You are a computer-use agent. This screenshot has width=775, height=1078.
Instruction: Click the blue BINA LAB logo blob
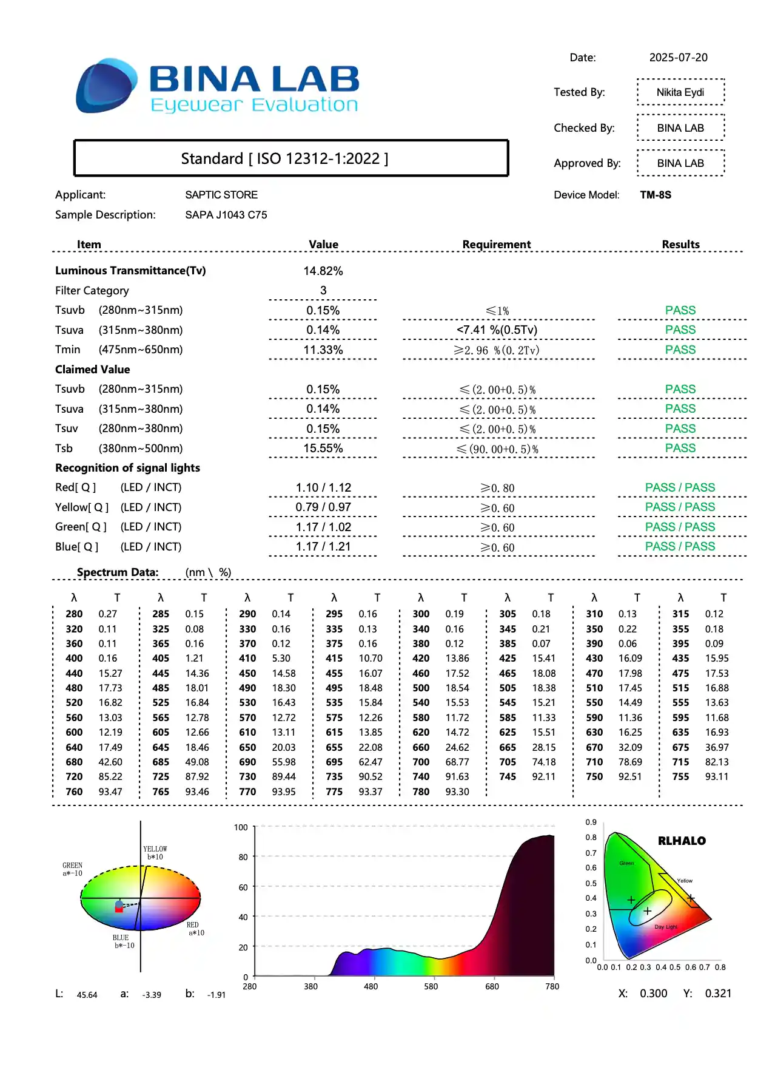click(x=106, y=86)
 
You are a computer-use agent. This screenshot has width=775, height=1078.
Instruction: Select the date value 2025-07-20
click(x=678, y=58)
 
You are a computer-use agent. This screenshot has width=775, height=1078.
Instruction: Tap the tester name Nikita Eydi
click(x=680, y=92)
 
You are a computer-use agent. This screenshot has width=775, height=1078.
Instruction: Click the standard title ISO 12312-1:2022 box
click(x=290, y=158)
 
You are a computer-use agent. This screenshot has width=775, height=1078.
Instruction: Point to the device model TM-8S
click(x=656, y=195)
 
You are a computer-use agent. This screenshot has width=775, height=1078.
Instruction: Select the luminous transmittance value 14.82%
click(x=323, y=271)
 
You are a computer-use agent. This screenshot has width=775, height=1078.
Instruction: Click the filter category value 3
click(x=323, y=291)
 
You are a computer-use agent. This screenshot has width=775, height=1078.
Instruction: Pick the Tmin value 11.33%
click(x=323, y=350)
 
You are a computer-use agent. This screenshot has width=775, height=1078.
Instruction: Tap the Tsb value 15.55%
click(x=323, y=449)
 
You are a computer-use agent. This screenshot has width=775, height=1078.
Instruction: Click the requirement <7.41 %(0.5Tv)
click(x=497, y=330)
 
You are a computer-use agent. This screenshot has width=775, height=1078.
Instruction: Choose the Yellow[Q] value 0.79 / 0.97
click(x=323, y=507)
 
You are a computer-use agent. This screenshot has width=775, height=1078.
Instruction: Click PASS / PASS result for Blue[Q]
click(x=680, y=547)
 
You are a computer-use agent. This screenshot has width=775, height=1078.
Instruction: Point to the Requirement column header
click(x=496, y=245)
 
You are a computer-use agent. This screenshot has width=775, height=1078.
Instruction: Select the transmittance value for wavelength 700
click(x=457, y=762)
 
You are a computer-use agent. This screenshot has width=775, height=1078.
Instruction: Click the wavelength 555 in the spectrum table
click(x=680, y=703)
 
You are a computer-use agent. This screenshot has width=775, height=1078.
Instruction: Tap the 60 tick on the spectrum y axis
click(x=243, y=887)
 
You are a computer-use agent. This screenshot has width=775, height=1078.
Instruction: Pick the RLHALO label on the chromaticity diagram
click(x=682, y=841)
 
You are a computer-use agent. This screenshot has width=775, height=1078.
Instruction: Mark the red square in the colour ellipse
click(x=119, y=909)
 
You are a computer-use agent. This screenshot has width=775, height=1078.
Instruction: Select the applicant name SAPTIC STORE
click(x=221, y=195)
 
